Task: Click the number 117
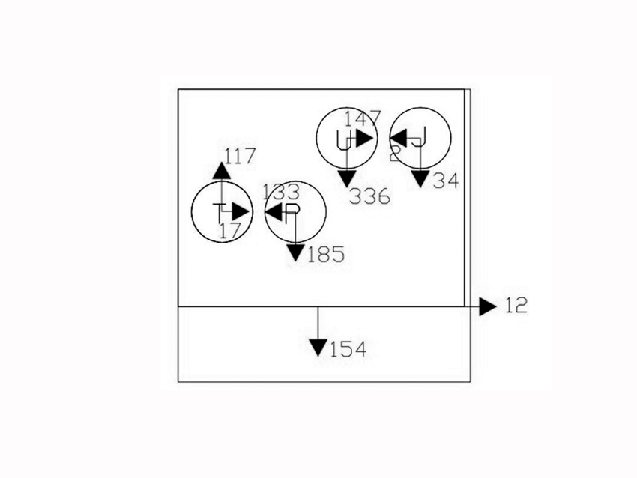pos(240,157)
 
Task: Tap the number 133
pos(281,192)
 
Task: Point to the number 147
pos(363,118)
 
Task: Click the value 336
pos(371,197)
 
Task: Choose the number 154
pos(348,349)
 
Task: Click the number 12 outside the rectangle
pos(516,306)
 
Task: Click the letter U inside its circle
pos(345,139)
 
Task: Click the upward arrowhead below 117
pos(221,171)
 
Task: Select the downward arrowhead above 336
pos(346,178)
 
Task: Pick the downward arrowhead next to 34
pos(420,179)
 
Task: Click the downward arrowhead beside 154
pos(318,348)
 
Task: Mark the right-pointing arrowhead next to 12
pos(489,306)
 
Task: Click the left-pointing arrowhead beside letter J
pos(398,138)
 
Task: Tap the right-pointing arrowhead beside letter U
pos(364,139)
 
